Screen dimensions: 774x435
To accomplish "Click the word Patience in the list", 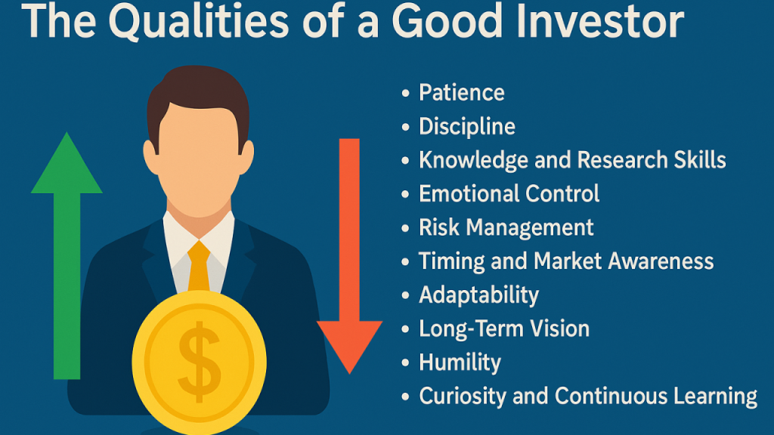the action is tap(462, 93).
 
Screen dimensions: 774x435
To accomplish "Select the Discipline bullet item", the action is tap(467, 127).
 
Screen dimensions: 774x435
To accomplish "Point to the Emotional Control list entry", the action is tap(509, 193).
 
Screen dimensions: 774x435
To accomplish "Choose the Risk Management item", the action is tap(506, 228).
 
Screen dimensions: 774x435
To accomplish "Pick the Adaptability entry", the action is tap(478, 295).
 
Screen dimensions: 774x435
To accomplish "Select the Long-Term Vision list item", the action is tap(504, 329).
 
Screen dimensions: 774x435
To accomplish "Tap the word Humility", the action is tap(460, 362).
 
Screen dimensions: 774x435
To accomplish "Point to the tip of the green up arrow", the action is tap(67, 132).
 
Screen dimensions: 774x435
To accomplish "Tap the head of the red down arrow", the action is tap(349, 347).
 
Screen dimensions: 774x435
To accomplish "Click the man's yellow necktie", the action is tap(199, 267).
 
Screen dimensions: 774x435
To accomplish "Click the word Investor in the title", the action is tap(599, 22).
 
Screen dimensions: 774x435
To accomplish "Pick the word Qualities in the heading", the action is tap(198, 22).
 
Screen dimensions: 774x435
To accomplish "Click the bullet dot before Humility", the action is tap(405, 363).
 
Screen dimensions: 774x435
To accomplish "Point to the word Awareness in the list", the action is tap(661, 261).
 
